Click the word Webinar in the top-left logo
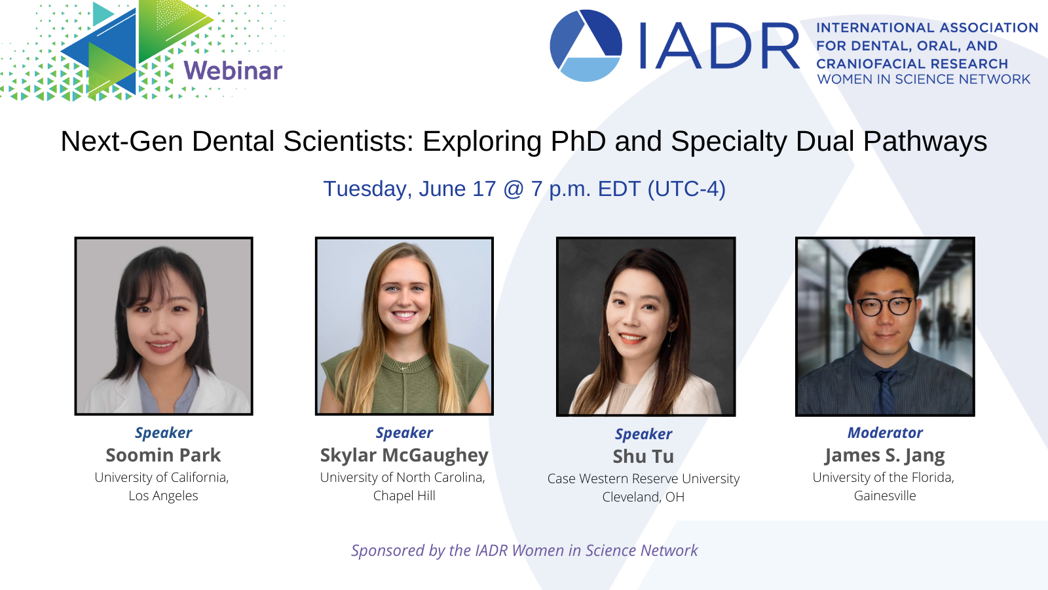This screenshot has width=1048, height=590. point(233,71)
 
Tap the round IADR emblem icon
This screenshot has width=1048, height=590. point(586,45)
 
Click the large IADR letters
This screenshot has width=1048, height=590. point(719,46)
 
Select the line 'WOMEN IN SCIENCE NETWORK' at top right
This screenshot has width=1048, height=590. point(924,79)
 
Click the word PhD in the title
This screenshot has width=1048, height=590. point(578,141)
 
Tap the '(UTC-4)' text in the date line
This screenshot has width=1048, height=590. point(686,189)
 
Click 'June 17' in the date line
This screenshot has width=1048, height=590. point(457,189)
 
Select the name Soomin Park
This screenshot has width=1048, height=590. point(163,455)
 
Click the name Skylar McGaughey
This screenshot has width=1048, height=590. point(404,456)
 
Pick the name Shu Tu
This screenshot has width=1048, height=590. point(643,456)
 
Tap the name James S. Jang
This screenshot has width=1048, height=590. point(885,456)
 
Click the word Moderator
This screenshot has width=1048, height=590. point(885,433)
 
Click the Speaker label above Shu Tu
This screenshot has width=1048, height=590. point(643,435)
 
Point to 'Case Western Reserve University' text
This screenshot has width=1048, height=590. point(643,479)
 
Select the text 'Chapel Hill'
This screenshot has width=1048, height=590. point(404,496)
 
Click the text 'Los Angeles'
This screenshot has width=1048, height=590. point(163,496)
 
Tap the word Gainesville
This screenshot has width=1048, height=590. point(885,496)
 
